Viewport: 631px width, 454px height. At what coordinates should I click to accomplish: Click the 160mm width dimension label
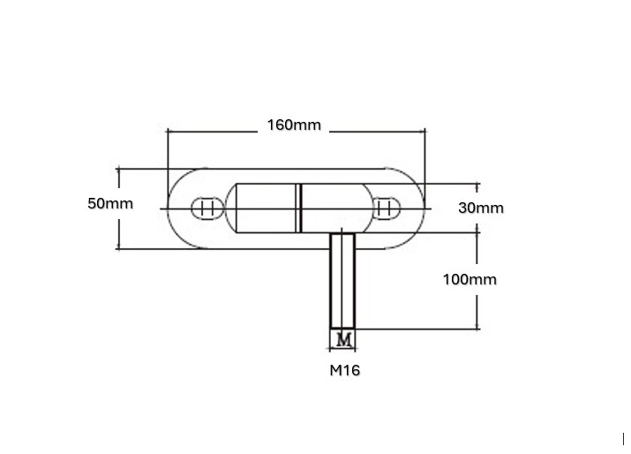tap(295, 125)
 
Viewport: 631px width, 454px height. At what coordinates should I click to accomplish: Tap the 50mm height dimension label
tap(110, 203)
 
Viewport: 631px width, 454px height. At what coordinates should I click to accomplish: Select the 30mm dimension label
tap(481, 208)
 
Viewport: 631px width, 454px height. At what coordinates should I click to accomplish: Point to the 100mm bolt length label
tap(469, 279)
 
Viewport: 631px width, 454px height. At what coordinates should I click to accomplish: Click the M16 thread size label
tap(345, 370)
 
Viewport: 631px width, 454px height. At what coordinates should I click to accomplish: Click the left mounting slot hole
tap(208, 208)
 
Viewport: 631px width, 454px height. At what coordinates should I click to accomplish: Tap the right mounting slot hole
tap(386, 208)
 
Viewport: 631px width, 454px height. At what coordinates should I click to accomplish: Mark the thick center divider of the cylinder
tap(300, 208)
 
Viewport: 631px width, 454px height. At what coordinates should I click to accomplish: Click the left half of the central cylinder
tap(266, 208)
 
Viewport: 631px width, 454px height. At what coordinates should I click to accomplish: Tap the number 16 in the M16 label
tap(351, 370)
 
